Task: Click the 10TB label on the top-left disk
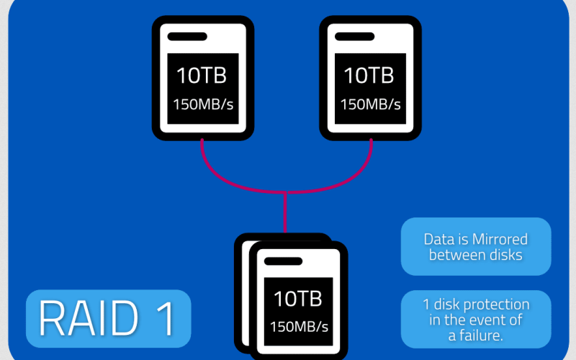202,75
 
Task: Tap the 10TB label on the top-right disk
369,75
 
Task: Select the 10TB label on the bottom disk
297,298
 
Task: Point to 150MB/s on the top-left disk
202,104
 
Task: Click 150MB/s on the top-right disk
369,104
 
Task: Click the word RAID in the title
87,318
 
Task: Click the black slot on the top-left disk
187,36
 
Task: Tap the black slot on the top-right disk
354,36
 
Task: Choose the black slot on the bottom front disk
283,261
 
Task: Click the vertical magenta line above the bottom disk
286,212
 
